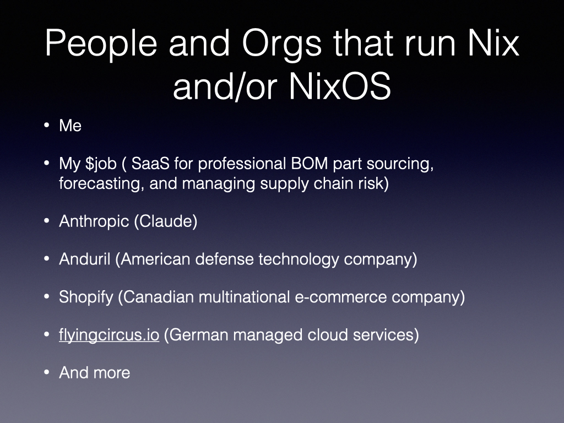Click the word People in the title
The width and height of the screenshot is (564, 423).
coord(101,44)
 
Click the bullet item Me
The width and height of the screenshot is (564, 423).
coord(70,126)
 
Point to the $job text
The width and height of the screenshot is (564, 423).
coord(101,164)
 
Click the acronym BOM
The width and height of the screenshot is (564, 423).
coord(310,163)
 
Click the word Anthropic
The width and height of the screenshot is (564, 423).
coord(94,221)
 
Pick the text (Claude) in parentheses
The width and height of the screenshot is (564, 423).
coord(166,221)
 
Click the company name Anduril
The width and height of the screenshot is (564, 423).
coord(84,259)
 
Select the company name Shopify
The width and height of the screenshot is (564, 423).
coord(86,297)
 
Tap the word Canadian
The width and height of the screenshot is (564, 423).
coord(156,297)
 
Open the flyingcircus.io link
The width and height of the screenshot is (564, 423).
coord(109,335)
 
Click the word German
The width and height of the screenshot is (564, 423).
coord(198,335)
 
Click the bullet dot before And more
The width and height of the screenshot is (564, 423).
coord(46,372)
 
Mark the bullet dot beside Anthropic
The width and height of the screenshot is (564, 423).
coord(46,221)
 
